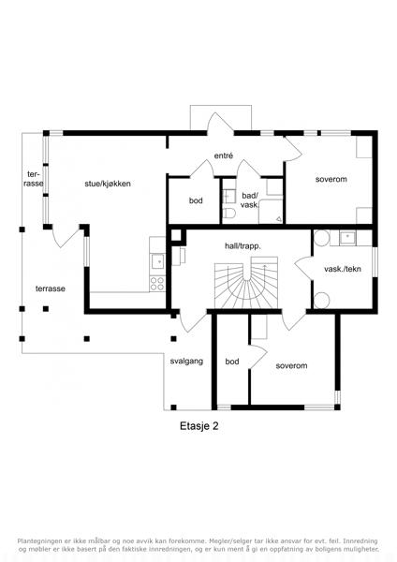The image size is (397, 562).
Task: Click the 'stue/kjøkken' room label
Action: tap(108, 184)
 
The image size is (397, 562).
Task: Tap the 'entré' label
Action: tap(224, 155)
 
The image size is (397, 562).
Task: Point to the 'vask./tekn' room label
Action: tap(343, 269)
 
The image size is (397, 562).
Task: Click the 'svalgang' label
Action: tap(186, 362)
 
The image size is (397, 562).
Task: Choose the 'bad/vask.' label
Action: tap(250, 200)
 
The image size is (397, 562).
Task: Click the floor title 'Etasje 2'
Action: tap(198, 426)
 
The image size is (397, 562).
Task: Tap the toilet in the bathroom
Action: tap(228, 213)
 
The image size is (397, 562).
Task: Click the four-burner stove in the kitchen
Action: tap(157, 284)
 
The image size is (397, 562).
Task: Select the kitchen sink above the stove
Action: tap(157, 261)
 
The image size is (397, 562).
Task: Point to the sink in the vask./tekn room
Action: tap(347, 237)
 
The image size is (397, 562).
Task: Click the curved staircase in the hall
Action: tap(246, 283)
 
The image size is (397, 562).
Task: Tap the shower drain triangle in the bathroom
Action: tap(279, 218)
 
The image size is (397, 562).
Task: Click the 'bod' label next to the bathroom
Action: tap(196, 200)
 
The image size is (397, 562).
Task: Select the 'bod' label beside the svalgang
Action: tap(232, 362)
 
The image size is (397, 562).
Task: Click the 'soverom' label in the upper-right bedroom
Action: tap(331, 179)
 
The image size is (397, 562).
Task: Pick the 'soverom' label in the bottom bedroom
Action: tap(291, 366)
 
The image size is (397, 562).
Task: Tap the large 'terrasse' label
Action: tap(51, 288)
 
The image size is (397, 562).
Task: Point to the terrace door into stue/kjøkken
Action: tap(66, 237)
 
